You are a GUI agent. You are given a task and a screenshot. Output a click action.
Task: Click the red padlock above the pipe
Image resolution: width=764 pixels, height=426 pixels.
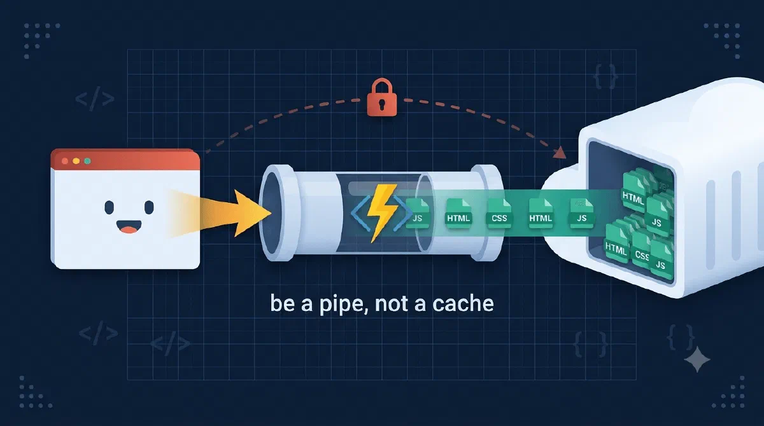point(382,97)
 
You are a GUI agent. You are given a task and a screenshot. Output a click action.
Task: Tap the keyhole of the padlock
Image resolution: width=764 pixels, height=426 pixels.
point(382,102)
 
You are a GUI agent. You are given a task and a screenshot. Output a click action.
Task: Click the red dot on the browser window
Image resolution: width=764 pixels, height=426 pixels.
point(65,161)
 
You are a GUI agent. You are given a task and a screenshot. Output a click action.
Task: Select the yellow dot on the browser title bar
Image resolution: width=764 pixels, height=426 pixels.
point(76,161)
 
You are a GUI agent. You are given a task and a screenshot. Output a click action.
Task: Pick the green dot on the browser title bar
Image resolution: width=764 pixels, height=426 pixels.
point(87,161)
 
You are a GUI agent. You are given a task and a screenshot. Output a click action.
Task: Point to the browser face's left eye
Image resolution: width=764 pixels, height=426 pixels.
point(109,207)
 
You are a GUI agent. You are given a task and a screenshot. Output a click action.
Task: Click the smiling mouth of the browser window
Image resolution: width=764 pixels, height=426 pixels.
point(129,226)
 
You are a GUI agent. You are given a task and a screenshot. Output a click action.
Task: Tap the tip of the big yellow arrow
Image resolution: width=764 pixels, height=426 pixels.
point(271,214)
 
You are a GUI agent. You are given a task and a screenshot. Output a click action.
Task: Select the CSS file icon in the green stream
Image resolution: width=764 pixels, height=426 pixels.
point(499,214)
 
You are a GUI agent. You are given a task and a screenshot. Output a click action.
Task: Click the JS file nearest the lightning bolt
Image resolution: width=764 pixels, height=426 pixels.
point(418,214)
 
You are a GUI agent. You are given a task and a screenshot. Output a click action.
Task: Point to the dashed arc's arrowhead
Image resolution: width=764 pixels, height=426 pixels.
point(560,153)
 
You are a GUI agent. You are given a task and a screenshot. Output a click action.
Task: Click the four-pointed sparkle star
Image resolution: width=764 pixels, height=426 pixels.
point(697,359)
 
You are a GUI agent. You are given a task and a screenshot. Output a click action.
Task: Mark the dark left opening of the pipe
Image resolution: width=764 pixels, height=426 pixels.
point(271,213)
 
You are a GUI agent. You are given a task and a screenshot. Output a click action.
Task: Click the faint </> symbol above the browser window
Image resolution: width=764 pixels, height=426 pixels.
point(94,99)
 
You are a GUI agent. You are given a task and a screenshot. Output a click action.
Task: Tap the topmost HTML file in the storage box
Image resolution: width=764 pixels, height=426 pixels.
point(633,193)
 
